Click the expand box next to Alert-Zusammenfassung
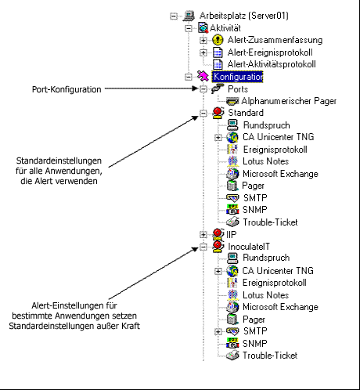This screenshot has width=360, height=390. tap(203, 40)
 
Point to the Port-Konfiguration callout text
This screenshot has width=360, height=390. tap(67, 89)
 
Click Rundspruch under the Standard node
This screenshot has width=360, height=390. tap(265, 125)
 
